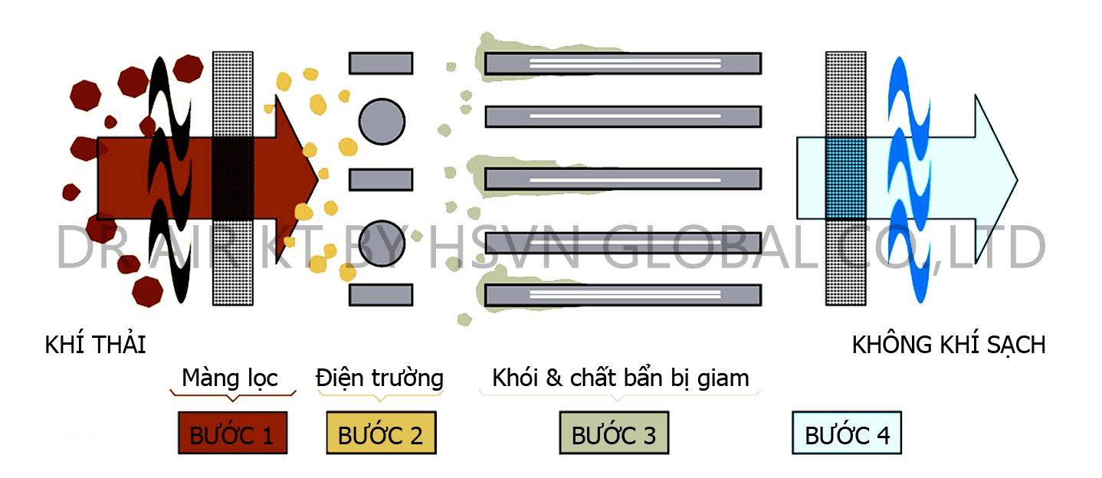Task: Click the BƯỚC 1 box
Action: (233, 433)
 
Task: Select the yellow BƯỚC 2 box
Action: (382, 433)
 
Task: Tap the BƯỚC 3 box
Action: (614, 433)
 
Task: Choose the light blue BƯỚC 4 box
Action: (847, 433)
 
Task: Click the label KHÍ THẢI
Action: (96, 344)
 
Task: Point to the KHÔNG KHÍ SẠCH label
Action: (949, 344)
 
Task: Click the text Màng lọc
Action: (230, 378)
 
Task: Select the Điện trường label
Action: (380, 378)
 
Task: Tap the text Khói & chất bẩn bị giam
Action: (621, 378)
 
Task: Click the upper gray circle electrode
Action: (382, 122)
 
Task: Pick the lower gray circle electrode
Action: (382, 244)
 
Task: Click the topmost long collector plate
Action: (623, 64)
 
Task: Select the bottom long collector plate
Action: (623, 295)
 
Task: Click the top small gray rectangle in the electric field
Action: (381, 64)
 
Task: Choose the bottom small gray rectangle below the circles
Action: (381, 295)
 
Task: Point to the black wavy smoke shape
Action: (169, 179)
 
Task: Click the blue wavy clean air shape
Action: (909, 179)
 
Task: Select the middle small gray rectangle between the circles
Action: (381, 179)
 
